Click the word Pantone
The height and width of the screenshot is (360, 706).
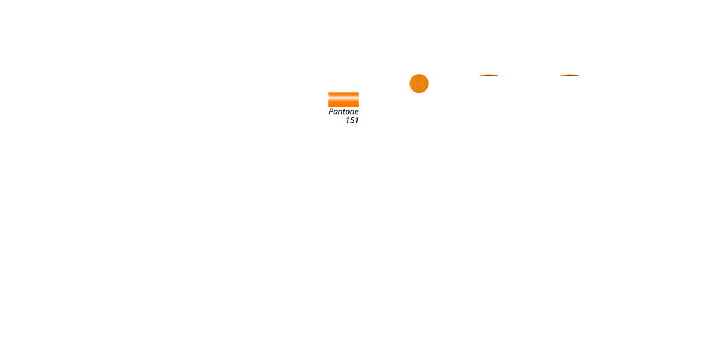tap(343, 112)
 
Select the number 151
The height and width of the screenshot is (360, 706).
tap(352, 120)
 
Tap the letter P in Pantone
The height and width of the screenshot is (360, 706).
tap(331, 112)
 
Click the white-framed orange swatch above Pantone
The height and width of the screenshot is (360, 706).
tap(343, 99)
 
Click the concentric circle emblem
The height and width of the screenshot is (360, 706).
tap(419, 84)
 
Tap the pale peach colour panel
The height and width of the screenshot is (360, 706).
tap(544, 99)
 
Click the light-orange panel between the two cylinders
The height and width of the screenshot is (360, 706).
tap(513, 99)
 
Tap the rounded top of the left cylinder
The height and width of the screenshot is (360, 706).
tap(489, 76)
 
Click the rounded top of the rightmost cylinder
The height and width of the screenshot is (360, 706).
tap(569, 76)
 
